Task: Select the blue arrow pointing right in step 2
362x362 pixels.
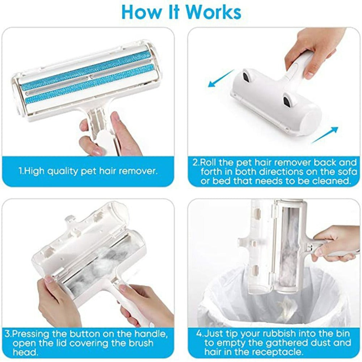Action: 325,134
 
